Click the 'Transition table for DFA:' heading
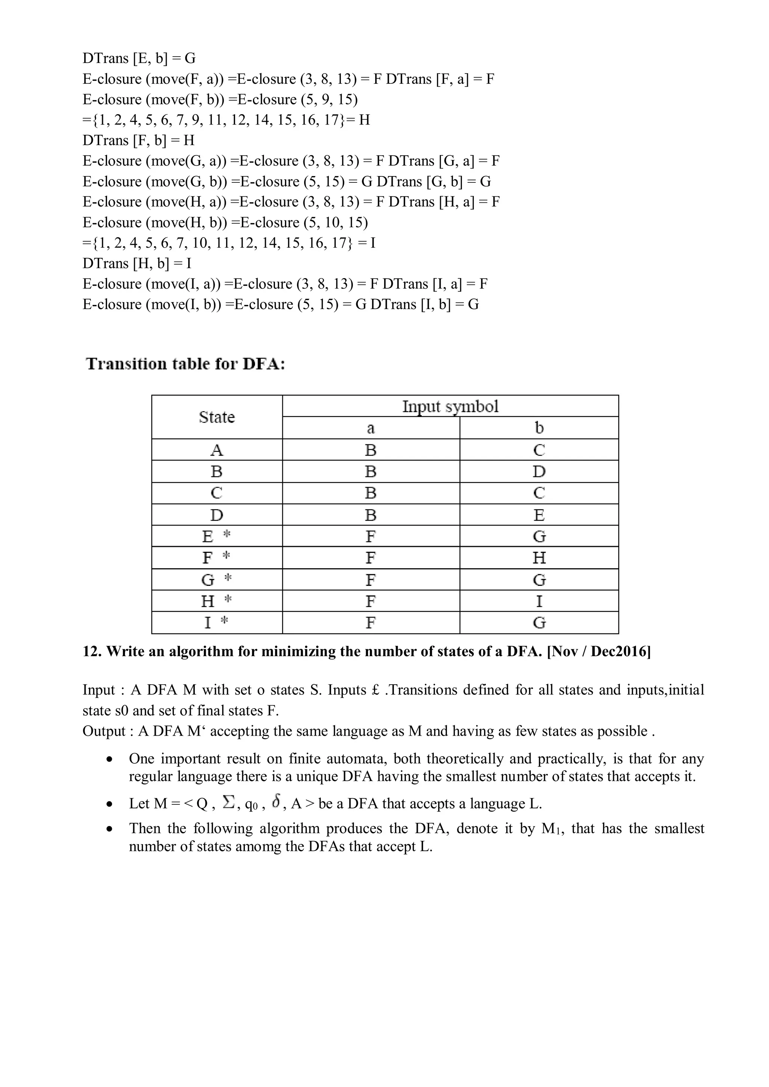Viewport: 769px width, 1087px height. (x=185, y=364)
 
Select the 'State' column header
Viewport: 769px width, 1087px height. (x=217, y=417)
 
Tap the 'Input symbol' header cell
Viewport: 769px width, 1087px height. (x=450, y=406)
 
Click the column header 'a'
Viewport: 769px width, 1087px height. (x=371, y=428)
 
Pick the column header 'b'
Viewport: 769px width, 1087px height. (x=539, y=428)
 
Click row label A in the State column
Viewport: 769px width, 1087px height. (x=217, y=450)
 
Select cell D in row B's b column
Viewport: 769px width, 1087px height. (x=539, y=471)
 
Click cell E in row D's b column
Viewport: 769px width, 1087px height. (x=539, y=515)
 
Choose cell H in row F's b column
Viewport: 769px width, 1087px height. (x=539, y=558)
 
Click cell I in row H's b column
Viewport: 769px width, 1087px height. (x=539, y=601)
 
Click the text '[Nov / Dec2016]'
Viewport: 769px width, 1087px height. (x=599, y=652)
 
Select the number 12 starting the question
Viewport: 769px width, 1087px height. (x=89, y=652)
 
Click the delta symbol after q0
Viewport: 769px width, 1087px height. (x=277, y=802)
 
